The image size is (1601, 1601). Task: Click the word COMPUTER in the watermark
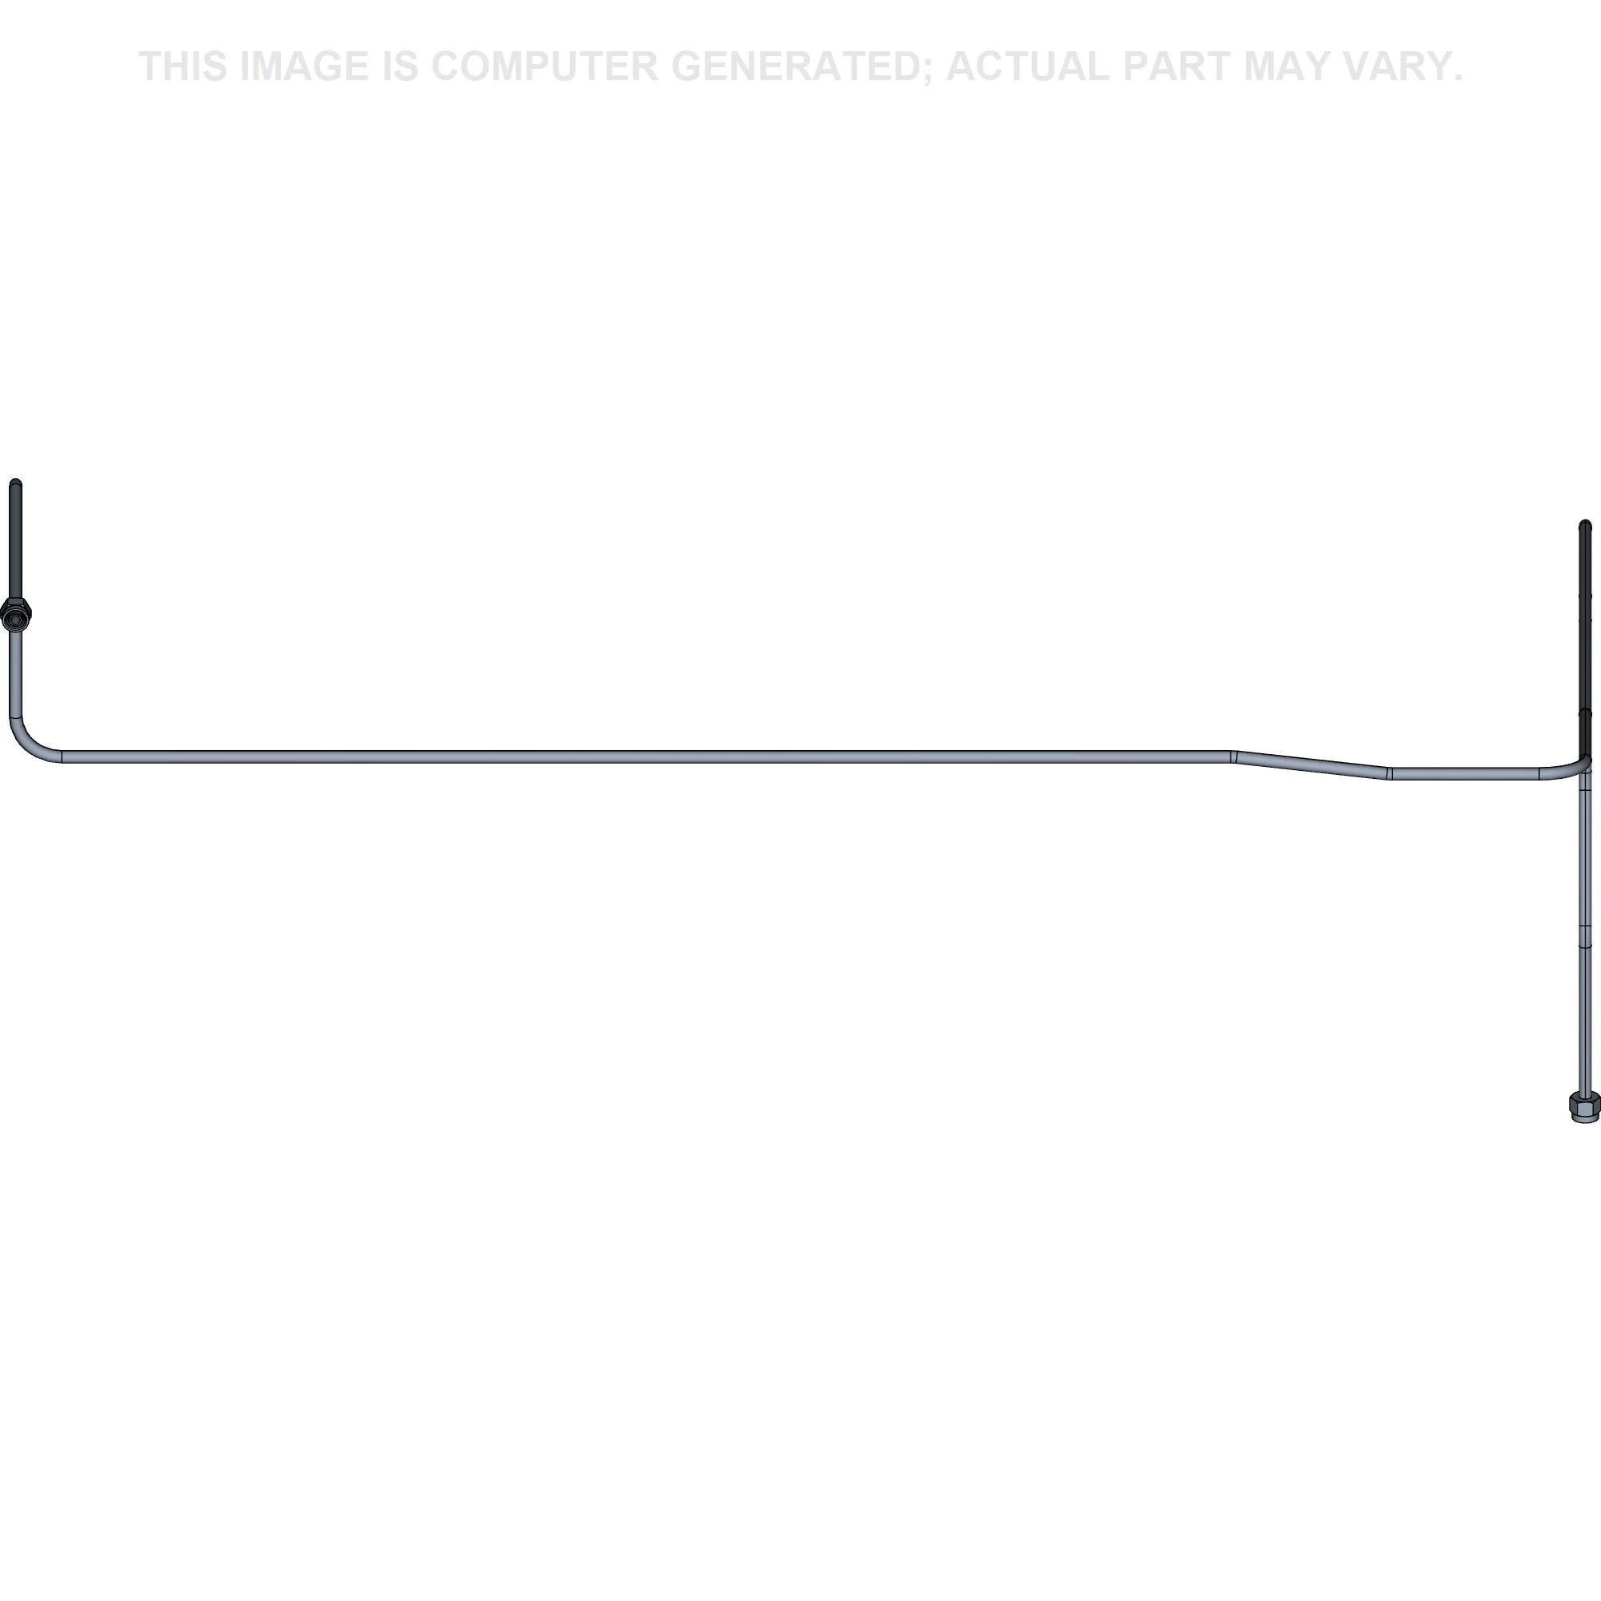tap(544, 66)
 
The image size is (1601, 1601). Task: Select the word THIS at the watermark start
tap(183, 66)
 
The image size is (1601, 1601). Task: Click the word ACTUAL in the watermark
tap(1028, 66)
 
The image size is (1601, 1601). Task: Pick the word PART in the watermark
tap(1178, 66)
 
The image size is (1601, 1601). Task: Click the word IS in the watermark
tap(399, 66)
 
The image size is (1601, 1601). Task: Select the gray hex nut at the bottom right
tap(1584, 1106)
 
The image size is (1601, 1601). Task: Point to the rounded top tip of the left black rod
tap(16, 481)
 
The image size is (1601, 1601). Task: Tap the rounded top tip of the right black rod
tap(1585, 524)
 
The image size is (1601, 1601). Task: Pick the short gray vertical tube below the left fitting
tap(16, 668)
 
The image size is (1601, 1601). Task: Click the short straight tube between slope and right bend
tap(1465, 774)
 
